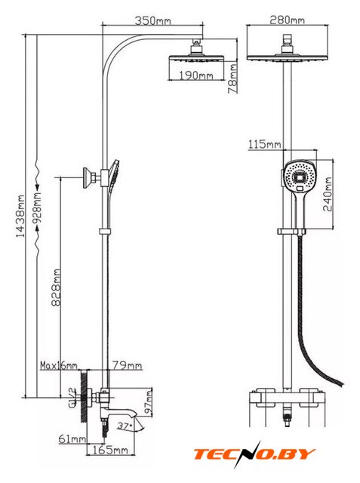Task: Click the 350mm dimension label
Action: pos(152,20)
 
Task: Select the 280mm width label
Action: pos(287,20)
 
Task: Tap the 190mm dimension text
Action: pos(196,75)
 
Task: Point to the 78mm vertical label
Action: pos(232,78)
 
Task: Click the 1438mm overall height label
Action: pos(20,216)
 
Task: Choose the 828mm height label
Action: pos(56,288)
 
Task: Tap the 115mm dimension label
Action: pos(265,144)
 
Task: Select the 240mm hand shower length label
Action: pos(328,194)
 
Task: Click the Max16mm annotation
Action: pos(59,365)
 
